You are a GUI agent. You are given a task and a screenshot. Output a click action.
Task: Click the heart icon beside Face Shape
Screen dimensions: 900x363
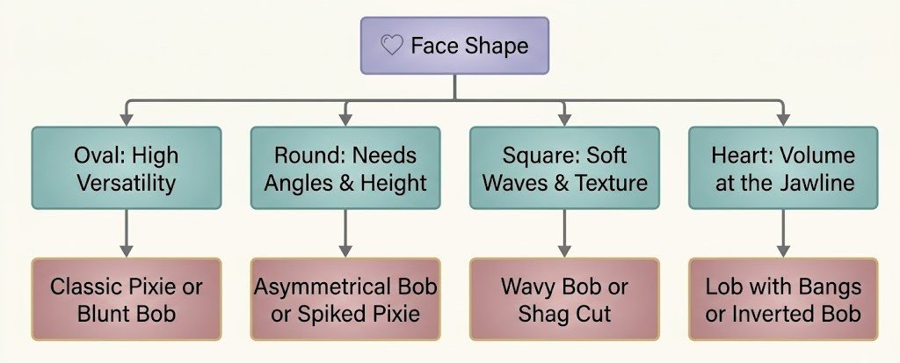tap(392, 45)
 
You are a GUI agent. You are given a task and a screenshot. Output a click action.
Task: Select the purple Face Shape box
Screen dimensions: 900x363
tap(454, 46)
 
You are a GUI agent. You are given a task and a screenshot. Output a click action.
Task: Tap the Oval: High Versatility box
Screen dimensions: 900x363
tap(127, 168)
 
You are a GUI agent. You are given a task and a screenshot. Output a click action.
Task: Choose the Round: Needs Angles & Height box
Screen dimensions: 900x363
tap(345, 168)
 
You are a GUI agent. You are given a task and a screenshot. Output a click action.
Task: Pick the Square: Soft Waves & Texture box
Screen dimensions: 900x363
tap(565, 168)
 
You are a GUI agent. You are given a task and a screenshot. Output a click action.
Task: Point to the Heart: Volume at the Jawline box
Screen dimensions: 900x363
tap(783, 168)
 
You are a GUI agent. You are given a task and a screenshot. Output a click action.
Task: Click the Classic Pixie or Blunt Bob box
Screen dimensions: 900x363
tap(127, 299)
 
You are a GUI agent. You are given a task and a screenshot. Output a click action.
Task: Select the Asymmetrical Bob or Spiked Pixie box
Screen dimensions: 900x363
tap(345, 299)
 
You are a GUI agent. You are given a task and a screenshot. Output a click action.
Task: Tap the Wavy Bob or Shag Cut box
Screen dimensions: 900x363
tap(565, 299)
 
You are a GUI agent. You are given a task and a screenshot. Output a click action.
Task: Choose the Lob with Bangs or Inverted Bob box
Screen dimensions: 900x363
tap(783, 299)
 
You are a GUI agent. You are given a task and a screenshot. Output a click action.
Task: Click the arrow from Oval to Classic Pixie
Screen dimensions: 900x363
tap(127, 233)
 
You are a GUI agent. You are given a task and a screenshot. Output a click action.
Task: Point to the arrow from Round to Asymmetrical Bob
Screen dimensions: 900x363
tap(345, 233)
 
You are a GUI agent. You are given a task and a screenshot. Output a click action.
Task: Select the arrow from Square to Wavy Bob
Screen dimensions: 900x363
tap(565, 233)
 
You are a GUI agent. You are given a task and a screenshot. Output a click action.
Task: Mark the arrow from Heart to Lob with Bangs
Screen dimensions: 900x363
tap(783, 233)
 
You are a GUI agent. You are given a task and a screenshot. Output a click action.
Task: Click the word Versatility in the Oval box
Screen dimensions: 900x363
tap(127, 183)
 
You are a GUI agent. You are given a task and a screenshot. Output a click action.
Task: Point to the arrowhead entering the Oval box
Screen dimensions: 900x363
tap(127, 120)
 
